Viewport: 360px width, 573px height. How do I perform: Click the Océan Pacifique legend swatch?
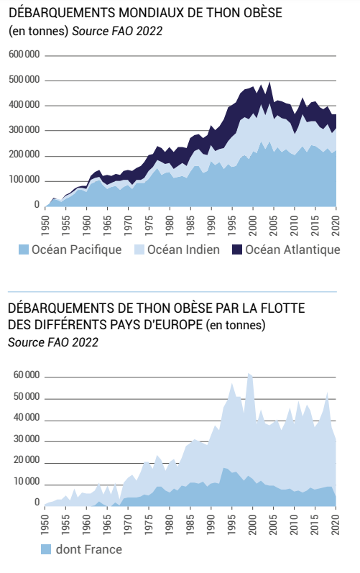24,249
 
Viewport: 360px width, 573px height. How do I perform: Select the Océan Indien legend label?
183,249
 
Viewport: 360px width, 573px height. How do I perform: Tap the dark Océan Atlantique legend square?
237,249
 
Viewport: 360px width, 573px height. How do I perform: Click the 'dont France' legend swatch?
46,549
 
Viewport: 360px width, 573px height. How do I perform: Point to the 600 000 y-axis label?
24,55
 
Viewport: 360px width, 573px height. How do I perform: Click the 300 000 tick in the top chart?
24,129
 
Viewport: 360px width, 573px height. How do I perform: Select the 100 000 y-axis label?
24,180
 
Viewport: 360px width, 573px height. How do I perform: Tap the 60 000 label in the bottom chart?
27,375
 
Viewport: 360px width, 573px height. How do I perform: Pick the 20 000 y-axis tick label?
27,460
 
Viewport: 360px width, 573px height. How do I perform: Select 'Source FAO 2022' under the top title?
117,31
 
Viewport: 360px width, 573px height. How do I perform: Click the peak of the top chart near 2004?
269,82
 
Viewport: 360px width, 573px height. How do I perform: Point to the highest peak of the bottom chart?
249,373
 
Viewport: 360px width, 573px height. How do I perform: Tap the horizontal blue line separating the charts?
172,292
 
